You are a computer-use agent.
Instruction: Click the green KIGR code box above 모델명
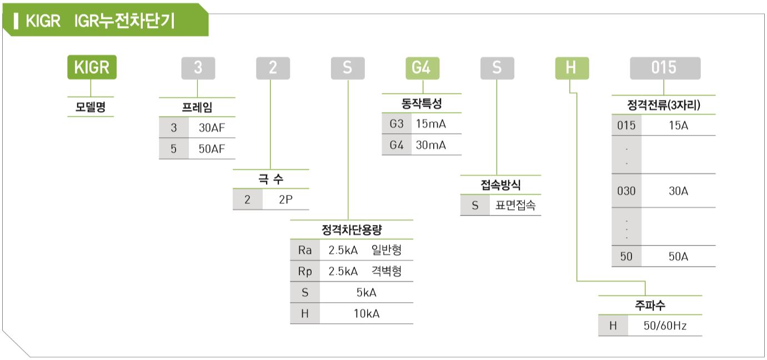tap(92, 68)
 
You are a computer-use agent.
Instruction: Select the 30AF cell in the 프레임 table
tap(212, 127)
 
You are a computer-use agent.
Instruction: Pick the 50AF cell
tap(212, 149)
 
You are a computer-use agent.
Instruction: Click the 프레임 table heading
tap(197, 108)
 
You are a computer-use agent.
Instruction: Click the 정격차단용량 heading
tap(352, 230)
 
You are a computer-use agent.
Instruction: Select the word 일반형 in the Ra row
tap(387, 251)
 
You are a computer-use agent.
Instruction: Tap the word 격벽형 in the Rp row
tap(387, 272)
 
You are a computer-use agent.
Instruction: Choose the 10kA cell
tap(367, 313)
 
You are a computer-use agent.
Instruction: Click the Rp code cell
tap(305, 272)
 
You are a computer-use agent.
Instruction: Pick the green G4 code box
tap(422, 68)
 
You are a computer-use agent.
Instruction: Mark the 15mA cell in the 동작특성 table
tap(431, 124)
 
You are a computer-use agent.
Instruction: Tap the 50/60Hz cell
tap(665, 326)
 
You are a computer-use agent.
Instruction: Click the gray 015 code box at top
tap(664, 68)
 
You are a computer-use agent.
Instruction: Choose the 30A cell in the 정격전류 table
tap(678, 191)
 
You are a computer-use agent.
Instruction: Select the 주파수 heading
tap(650, 305)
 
